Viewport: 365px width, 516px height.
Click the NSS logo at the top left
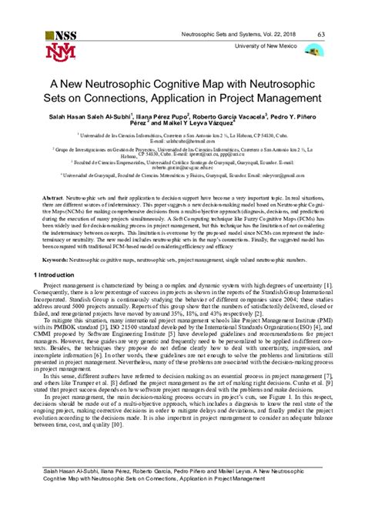pyautogui.click(x=61, y=35)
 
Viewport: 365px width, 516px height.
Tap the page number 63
pyautogui.click(x=320, y=33)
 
